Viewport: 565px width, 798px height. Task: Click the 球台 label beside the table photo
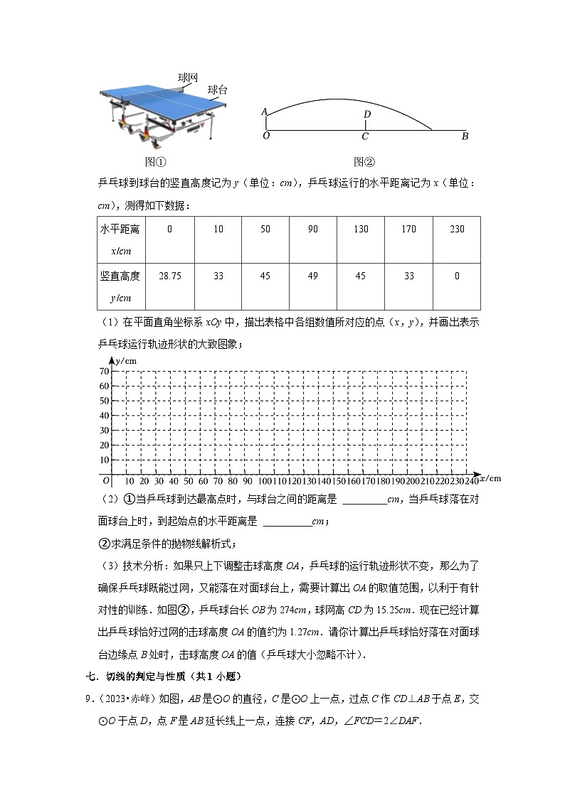pos(218,90)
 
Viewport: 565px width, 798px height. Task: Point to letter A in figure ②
pos(264,112)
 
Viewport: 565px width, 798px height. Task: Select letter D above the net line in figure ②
pos(367,114)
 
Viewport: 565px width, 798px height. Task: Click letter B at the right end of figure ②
pos(465,136)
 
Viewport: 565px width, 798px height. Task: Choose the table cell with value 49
pos(312,276)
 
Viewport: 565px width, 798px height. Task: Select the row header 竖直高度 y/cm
pos(120,286)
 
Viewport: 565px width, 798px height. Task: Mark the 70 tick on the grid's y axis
pos(104,372)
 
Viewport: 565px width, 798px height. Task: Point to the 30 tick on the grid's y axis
pos(104,430)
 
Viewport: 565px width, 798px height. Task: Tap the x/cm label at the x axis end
pos(490,478)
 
